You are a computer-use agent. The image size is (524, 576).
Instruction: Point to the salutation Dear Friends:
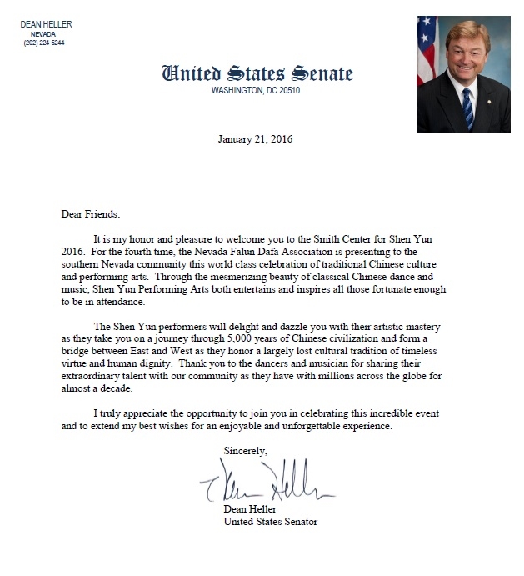tap(91, 213)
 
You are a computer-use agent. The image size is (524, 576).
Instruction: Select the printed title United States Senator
tap(271, 522)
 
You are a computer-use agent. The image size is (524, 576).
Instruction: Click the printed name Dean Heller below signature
tap(249, 508)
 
